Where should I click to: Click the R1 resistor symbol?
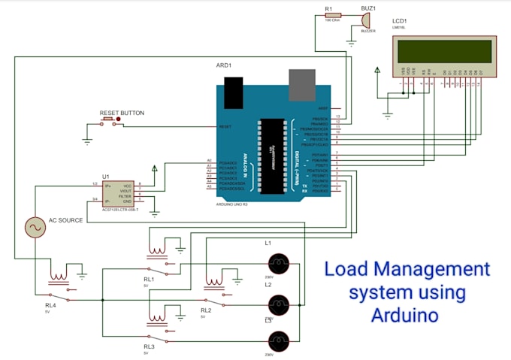(332, 14)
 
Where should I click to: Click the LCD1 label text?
(399, 21)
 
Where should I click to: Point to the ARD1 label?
(224, 65)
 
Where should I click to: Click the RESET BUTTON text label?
(122, 113)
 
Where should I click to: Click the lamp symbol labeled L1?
(279, 263)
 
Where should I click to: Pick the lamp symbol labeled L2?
(279, 304)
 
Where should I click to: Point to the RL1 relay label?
(149, 279)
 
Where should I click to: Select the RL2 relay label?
(205, 310)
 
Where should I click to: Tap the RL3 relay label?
(149, 346)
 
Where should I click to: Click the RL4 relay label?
(50, 305)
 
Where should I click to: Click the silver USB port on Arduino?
(302, 85)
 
